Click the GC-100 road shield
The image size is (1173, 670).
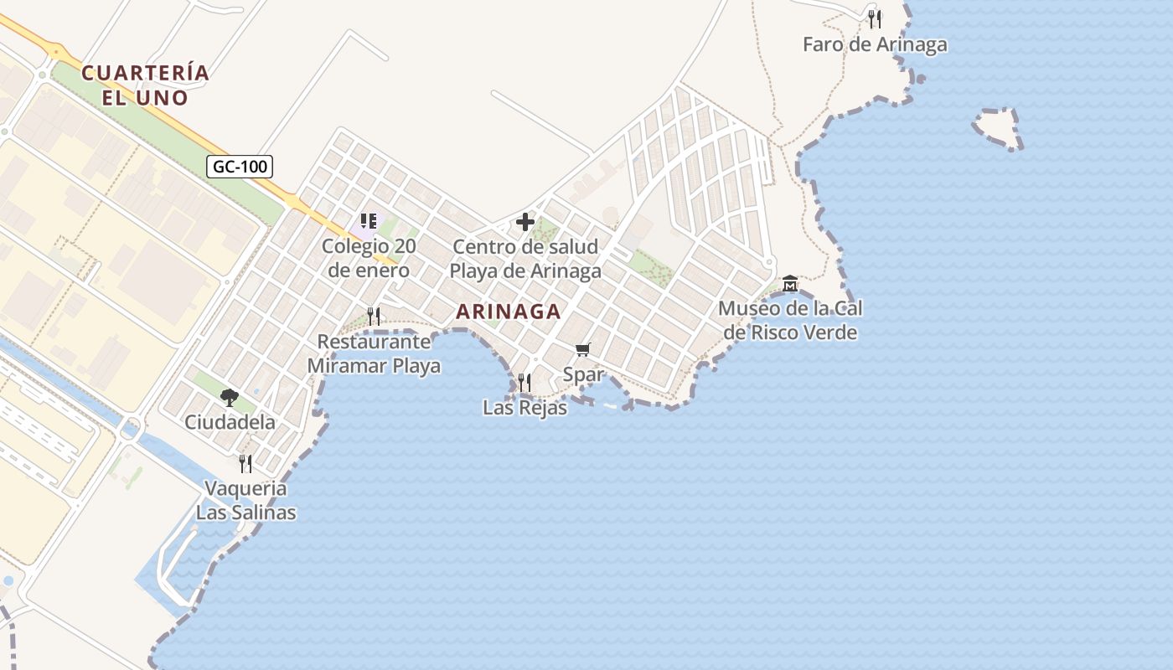tap(240, 167)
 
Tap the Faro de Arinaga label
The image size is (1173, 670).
tap(875, 45)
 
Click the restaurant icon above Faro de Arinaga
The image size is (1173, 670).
tap(875, 18)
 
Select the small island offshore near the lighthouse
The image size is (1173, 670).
tap(998, 128)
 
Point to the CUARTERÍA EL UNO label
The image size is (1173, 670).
tap(145, 85)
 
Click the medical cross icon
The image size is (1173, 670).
tap(525, 222)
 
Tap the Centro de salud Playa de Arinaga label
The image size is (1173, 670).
tap(525, 259)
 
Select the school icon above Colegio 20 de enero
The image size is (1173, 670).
tap(368, 222)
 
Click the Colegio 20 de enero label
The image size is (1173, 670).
tap(369, 259)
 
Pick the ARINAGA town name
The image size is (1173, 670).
tap(508, 312)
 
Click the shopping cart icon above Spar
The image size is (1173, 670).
tap(582, 349)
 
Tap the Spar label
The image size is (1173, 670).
tap(583, 374)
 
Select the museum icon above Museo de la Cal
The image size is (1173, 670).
tap(789, 284)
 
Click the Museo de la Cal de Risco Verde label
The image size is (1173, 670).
tap(790, 321)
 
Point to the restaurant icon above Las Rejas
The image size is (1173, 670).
tap(524, 383)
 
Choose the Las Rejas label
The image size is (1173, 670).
tap(524, 408)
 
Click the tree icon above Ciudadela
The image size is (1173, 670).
tap(229, 397)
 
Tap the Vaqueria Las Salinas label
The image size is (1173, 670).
tap(245, 500)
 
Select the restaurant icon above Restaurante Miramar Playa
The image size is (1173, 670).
tap(374, 317)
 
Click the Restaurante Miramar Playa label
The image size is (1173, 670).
tap(374, 353)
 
